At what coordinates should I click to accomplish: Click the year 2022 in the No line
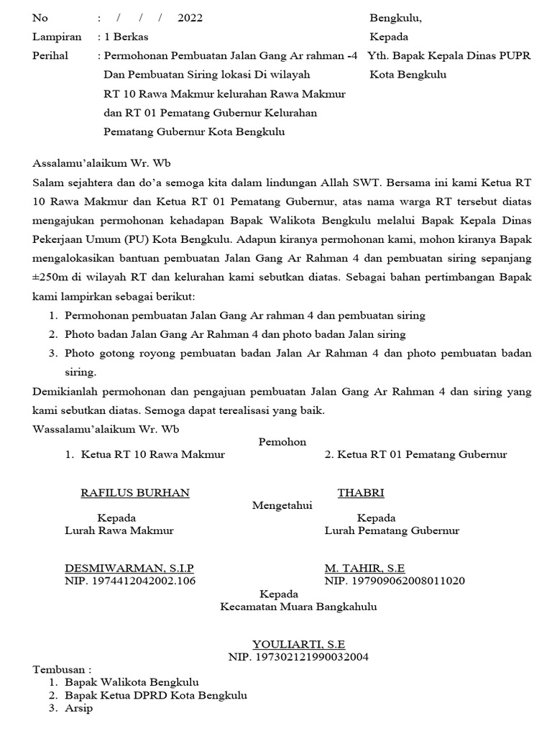pos(190,18)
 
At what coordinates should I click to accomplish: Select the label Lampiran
pos(55,37)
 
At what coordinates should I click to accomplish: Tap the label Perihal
pos(50,55)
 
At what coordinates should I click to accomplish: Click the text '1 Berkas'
pos(126,37)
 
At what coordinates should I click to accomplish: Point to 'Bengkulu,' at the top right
pos(396,18)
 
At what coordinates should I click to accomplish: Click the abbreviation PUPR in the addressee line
pos(515,55)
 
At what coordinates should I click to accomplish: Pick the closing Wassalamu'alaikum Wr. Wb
pos(106,429)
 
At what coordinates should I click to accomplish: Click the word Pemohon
pos(282,442)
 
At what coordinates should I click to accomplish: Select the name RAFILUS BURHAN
pos(134,492)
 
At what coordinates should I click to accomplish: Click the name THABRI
pos(361,492)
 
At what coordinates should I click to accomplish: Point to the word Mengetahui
pos(282,505)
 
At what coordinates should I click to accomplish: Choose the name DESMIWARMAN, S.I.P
pos(129,568)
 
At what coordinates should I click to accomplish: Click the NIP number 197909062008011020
pos(395,581)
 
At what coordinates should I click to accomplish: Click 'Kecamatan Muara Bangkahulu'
pos(298,607)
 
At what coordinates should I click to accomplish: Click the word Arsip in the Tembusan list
pos(78,708)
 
